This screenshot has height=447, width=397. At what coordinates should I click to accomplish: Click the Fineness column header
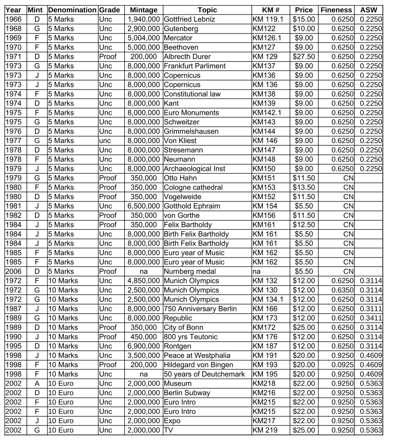point(336,10)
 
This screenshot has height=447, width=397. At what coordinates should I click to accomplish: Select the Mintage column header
point(143,10)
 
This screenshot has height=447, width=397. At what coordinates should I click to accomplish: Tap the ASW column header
point(368,10)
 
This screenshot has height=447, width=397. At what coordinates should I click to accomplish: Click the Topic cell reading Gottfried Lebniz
point(189,19)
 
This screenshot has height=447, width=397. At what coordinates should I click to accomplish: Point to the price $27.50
point(304,56)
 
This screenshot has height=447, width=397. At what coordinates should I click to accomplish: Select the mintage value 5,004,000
point(143,38)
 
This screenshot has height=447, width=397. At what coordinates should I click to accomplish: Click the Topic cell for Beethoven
point(181,47)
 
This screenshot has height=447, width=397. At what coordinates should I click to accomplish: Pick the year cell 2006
point(14,271)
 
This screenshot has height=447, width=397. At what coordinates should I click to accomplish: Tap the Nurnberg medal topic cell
point(190,271)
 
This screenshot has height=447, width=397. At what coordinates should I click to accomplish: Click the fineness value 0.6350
point(342,290)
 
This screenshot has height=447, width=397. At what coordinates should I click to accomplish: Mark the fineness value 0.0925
point(342,365)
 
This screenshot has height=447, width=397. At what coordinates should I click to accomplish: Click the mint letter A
point(37,384)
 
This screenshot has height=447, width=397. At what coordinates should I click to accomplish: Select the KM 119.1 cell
point(268,19)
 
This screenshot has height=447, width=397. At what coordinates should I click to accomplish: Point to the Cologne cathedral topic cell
point(193,187)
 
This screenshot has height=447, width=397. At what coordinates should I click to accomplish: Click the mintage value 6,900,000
point(143,346)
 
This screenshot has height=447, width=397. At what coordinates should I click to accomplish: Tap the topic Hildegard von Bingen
point(198,365)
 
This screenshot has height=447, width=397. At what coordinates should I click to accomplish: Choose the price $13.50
point(304,187)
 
